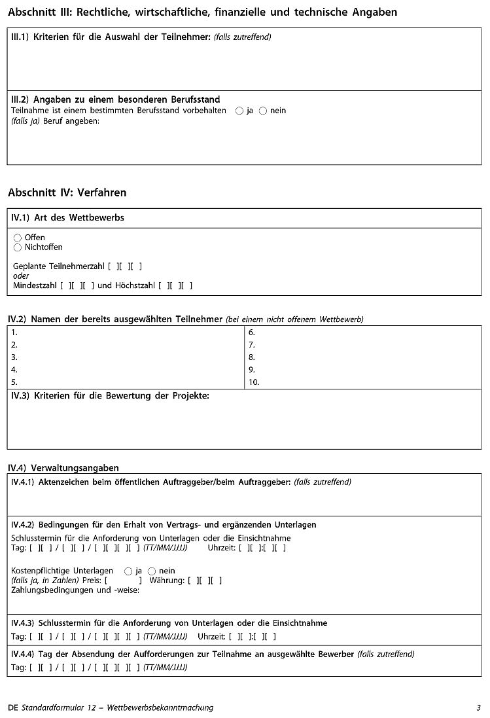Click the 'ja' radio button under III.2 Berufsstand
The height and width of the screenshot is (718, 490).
(x=239, y=111)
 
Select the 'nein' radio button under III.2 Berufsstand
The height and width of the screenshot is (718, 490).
(x=263, y=111)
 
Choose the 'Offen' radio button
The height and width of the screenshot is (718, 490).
(x=18, y=238)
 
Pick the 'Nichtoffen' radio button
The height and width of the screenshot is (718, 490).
(x=18, y=247)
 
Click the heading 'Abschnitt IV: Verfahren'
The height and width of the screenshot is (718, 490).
(x=67, y=192)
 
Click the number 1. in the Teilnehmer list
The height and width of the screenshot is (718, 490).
(x=14, y=332)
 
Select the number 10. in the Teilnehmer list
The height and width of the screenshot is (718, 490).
(x=254, y=382)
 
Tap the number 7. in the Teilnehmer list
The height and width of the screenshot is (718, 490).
(x=252, y=345)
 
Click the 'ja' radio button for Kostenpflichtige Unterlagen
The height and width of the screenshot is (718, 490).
(x=128, y=571)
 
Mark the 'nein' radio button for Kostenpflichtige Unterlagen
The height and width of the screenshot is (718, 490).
(x=152, y=571)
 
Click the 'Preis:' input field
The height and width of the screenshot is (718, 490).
(x=123, y=581)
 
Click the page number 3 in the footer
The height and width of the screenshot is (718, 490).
(x=479, y=708)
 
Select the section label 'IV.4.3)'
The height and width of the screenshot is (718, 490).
(x=24, y=623)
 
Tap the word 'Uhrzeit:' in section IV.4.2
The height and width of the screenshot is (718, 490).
(x=221, y=548)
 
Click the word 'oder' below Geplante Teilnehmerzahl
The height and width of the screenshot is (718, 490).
(x=21, y=276)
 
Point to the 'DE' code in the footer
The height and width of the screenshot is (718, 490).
(x=13, y=708)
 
